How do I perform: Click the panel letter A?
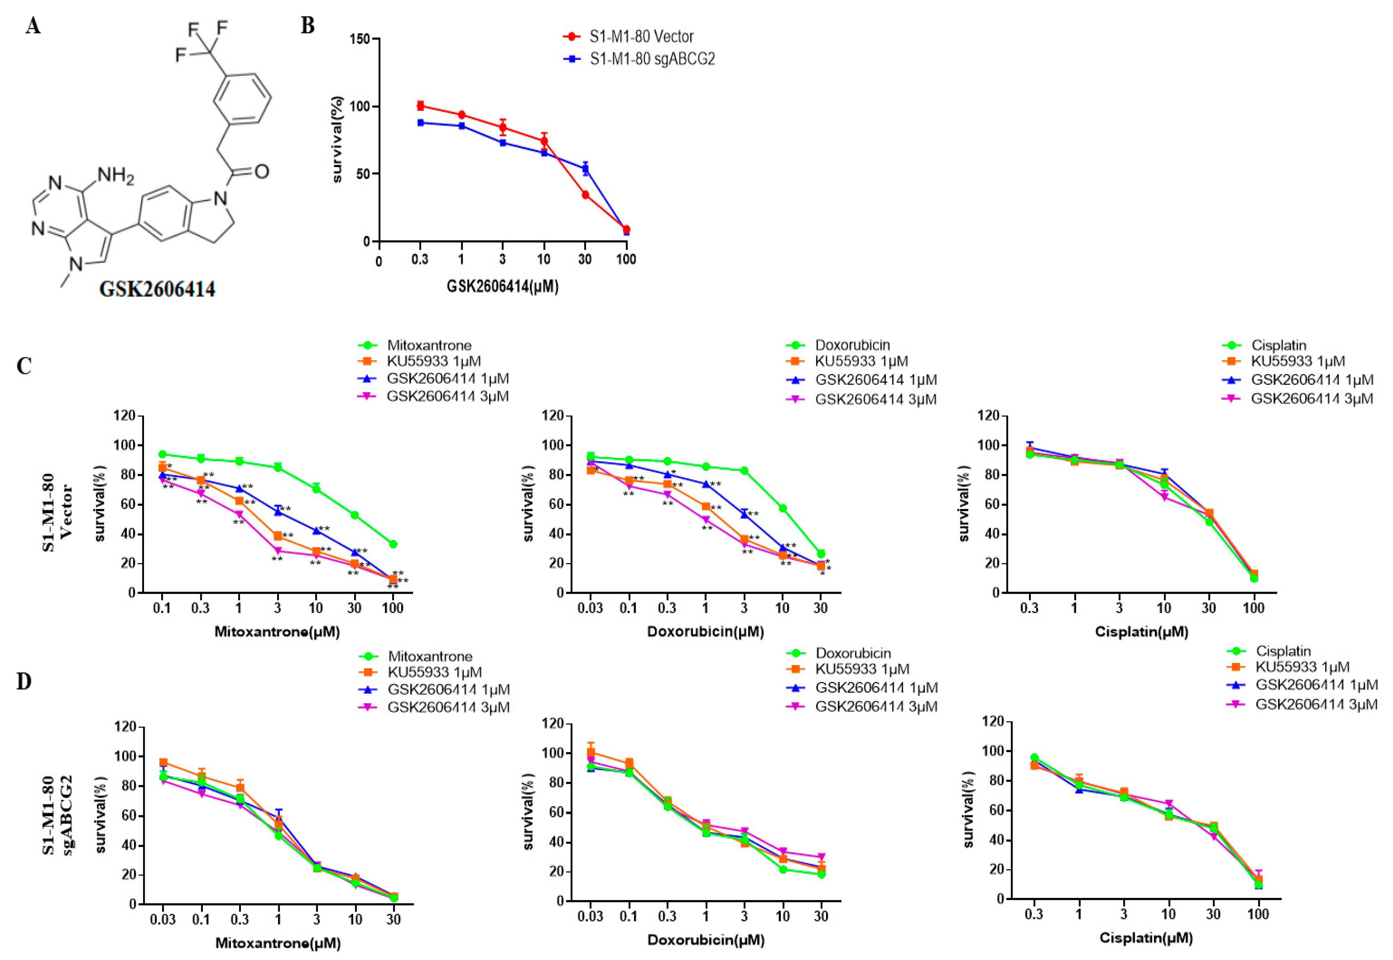pyautogui.click(x=33, y=26)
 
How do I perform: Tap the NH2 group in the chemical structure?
pyautogui.click(x=115, y=176)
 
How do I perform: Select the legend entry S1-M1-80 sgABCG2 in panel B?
pyautogui.click(x=652, y=59)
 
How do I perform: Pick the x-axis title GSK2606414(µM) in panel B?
pyautogui.click(x=502, y=287)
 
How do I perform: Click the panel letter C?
pyautogui.click(x=24, y=366)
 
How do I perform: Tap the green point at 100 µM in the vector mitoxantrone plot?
pyautogui.click(x=393, y=544)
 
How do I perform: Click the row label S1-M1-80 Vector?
pyautogui.click(x=57, y=512)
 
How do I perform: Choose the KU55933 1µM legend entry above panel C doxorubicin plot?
pyautogui.click(x=861, y=361)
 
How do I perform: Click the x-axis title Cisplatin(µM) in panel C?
pyautogui.click(x=1141, y=632)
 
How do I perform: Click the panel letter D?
pyautogui.click(x=24, y=682)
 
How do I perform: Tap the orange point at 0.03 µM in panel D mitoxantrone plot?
pyautogui.click(x=163, y=762)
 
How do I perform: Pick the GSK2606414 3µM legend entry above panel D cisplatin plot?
pyautogui.click(x=1316, y=704)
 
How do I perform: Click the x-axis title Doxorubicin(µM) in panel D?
pyautogui.click(x=706, y=940)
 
